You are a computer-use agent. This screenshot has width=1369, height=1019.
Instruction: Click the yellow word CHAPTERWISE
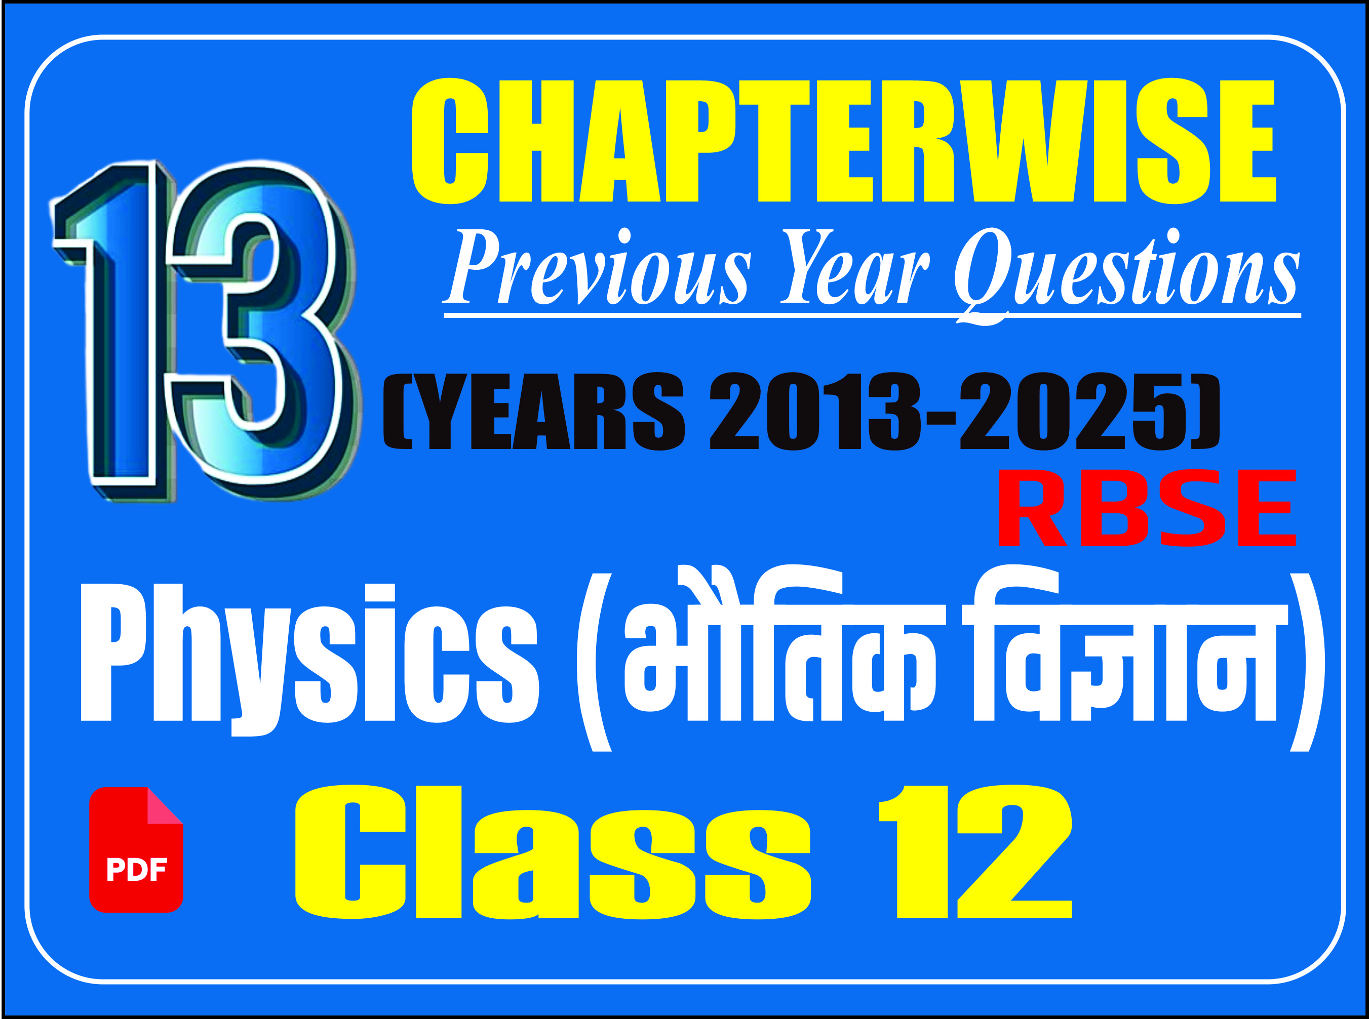click(844, 141)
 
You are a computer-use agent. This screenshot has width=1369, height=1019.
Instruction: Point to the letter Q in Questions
click(984, 275)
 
